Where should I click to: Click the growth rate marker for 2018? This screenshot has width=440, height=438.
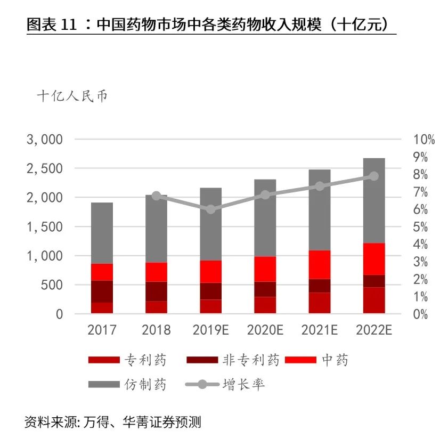click(156, 196)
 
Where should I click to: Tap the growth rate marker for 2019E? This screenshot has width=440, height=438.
click(210, 209)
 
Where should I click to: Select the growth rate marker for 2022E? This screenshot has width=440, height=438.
click(374, 176)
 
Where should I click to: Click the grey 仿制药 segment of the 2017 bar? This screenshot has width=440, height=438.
click(102, 233)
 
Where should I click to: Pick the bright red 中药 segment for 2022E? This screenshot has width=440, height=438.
click(374, 259)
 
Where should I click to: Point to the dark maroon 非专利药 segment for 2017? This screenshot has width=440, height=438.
click(102, 291)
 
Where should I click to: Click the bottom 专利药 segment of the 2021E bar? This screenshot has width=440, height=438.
click(320, 303)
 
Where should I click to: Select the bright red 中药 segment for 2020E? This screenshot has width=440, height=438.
click(265, 269)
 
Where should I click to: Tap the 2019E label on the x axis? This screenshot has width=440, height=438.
click(210, 330)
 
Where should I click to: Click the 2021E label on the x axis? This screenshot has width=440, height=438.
click(320, 330)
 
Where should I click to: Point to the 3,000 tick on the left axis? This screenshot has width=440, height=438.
click(45, 140)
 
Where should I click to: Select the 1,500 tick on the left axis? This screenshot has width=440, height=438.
click(45, 227)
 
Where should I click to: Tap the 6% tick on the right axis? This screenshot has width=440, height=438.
click(420, 209)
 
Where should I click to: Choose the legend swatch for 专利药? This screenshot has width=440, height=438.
click(103, 360)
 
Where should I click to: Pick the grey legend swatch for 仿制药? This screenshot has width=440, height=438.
click(103, 384)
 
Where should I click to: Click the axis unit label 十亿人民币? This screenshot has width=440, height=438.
click(72, 97)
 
